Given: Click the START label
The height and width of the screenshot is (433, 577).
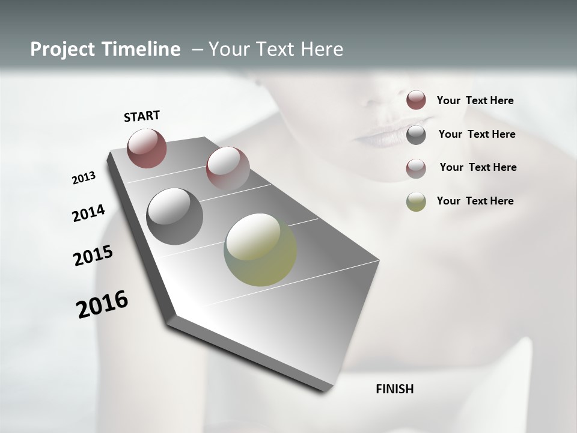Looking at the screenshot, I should (x=142, y=116).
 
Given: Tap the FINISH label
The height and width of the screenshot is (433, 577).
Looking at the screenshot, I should (x=395, y=389).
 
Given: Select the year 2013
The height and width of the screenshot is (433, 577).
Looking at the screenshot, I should (x=84, y=178).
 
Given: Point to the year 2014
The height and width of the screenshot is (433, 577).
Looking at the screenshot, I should (x=88, y=213).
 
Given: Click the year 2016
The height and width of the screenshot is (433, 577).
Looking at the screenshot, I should (x=102, y=304).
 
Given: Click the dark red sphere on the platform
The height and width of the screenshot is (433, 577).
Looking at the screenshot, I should (x=147, y=148).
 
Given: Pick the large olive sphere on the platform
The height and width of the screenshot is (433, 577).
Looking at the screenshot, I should (x=260, y=250).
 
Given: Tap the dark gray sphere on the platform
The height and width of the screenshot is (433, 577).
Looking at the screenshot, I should (x=174, y=216).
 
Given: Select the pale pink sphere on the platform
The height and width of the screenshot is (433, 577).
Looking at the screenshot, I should (x=227, y=168).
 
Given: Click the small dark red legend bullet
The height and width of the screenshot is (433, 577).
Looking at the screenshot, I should (x=416, y=100).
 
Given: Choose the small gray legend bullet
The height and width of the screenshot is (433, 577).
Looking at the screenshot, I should (x=416, y=134).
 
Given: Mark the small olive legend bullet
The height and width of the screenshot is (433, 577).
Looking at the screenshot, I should (x=416, y=201).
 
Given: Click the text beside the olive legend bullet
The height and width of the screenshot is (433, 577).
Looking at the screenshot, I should (x=475, y=201).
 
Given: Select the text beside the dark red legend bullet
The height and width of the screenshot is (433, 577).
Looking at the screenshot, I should (x=475, y=100).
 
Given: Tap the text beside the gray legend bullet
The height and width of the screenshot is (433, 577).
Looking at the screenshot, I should (x=477, y=134).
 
